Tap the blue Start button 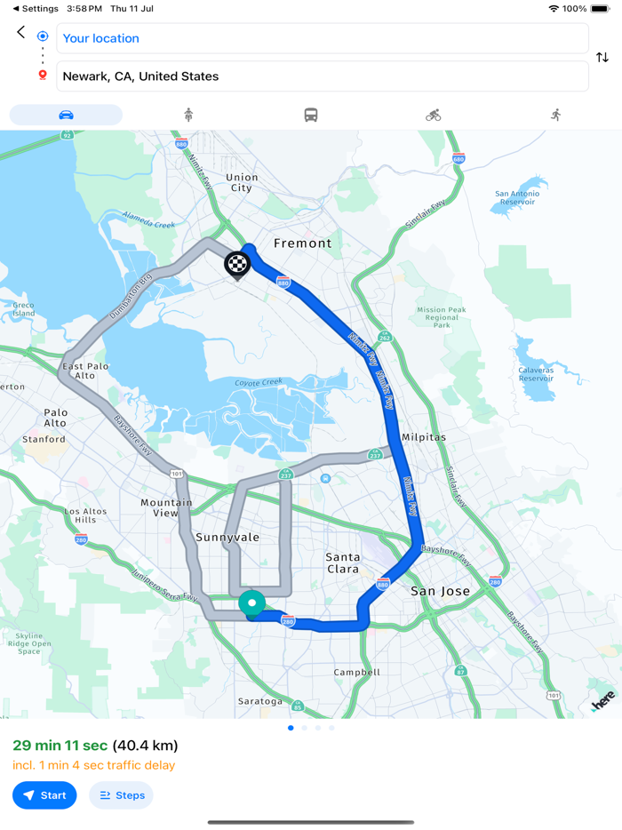(x=44, y=795)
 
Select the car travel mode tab (x=66, y=115)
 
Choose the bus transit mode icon (x=311, y=115)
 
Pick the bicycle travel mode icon (x=433, y=115)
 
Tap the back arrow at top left (x=21, y=33)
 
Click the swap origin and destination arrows (x=602, y=58)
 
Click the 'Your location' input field (x=322, y=38)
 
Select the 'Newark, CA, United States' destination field (x=322, y=76)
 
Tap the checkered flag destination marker (x=237, y=264)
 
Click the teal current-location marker (x=252, y=603)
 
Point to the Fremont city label (x=302, y=243)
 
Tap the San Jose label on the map (x=439, y=591)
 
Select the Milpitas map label (x=424, y=437)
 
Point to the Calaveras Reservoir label (x=536, y=374)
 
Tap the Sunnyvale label (x=227, y=538)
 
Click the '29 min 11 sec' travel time (x=60, y=746)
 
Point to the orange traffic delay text (x=93, y=765)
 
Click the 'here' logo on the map (x=603, y=702)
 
